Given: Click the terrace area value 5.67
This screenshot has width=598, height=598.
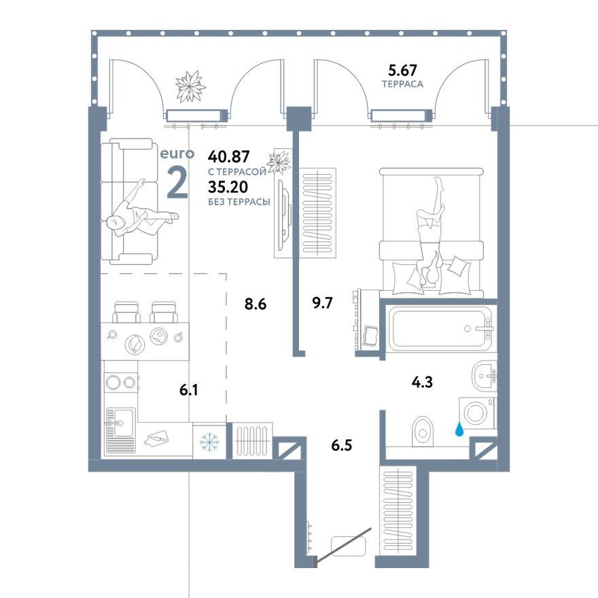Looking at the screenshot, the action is click(x=402, y=70).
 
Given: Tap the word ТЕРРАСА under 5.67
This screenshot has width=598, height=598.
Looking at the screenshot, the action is click(x=402, y=84).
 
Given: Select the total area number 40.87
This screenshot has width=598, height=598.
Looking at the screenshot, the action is click(x=228, y=156).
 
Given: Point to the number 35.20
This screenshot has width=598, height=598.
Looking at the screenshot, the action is click(x=228, y=186).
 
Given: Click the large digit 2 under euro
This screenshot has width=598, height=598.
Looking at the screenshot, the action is click(x=178, y=183).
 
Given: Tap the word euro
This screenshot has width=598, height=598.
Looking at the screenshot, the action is click(x=177, y=154).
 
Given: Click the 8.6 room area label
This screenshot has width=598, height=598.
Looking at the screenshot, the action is click(x=255, y=304).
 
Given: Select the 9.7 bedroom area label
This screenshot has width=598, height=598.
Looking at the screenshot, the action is click(x=322, y=303).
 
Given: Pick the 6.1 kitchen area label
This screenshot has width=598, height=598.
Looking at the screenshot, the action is click(x=189, y=390).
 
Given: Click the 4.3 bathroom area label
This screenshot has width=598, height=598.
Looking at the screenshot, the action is click(x=422, y=382).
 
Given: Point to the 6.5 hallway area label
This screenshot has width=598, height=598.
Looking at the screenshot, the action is click(x=342, y=445).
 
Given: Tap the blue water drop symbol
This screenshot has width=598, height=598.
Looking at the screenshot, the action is click(x=460, y=430).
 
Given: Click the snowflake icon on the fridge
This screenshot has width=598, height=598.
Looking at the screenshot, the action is click(x=210, y=442).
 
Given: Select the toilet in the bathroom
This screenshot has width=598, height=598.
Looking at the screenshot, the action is click(x=423, y=431).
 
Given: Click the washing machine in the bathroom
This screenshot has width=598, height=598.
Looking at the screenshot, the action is click(x=476, y=413).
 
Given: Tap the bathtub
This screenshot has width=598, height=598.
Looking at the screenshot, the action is click(x=442, y=328).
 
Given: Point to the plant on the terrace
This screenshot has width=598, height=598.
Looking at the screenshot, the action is click(x=190, y=86).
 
